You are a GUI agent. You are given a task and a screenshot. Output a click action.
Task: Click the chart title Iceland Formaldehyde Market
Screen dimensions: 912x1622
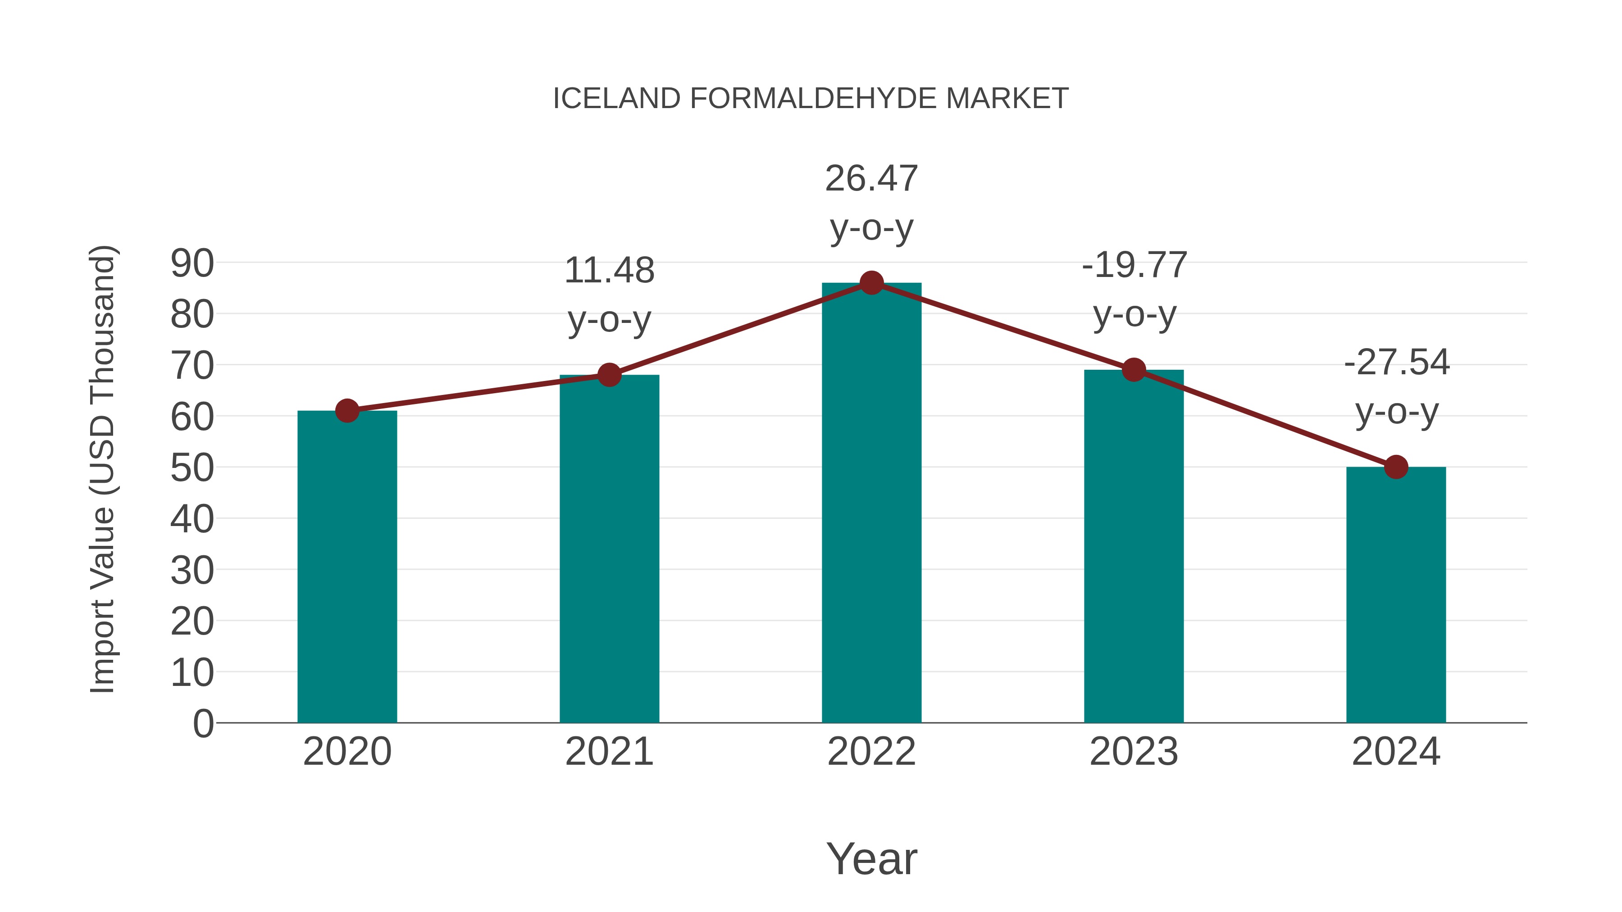click(x=811, y=99)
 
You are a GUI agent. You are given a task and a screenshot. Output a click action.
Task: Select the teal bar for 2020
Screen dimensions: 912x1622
click(x=347, y=567)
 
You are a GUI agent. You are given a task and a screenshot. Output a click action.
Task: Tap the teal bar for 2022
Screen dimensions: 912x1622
click(x=871, y=504)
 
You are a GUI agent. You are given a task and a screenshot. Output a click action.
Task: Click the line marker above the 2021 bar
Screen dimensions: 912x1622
click(x=609, y=375)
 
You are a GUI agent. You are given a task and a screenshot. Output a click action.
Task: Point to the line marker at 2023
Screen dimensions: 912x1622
click(x=1134, y=370)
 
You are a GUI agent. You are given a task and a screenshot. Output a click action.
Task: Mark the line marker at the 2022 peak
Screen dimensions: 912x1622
click(x=871, y=283)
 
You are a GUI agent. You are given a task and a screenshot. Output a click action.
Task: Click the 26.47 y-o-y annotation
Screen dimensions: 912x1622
click(x=871, y=203)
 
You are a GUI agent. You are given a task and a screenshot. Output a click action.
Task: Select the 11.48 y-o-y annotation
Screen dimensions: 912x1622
click(x=609, y=295)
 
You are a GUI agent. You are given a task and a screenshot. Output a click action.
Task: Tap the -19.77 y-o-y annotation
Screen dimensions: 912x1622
click(x=1134, y=290)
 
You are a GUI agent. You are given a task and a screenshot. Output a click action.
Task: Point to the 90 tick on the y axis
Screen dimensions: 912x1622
click(x=192, y=263)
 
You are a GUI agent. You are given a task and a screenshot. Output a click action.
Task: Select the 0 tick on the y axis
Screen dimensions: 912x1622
click(x=203, y=724)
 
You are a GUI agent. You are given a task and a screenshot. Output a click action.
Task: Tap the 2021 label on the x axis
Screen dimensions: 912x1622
click(x=609, y=752)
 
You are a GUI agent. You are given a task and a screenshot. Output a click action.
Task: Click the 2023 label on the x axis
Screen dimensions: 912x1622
click(x=1134, y=752)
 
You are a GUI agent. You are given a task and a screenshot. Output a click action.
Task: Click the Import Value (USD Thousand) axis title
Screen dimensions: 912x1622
click(x=102, y=469)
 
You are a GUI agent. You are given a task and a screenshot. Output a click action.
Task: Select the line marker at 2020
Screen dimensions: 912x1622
click(x=347, y=411)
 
